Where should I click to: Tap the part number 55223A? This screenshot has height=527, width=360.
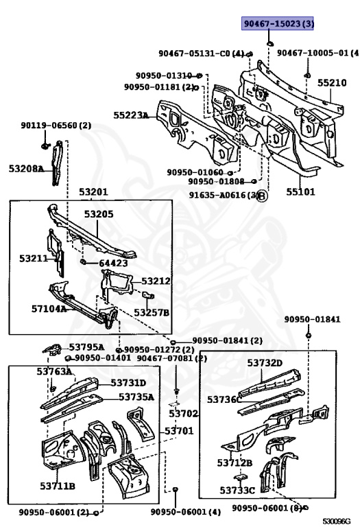131,116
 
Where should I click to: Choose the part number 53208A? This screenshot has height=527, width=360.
26,168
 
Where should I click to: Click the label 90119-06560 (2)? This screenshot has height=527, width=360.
56,126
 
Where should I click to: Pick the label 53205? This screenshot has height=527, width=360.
99,214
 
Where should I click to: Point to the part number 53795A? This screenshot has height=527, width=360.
86,347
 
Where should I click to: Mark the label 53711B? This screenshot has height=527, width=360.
56,486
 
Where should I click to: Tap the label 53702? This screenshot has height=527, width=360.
183,414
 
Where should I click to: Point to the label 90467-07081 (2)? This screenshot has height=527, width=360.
171,358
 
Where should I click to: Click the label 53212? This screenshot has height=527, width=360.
156,281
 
